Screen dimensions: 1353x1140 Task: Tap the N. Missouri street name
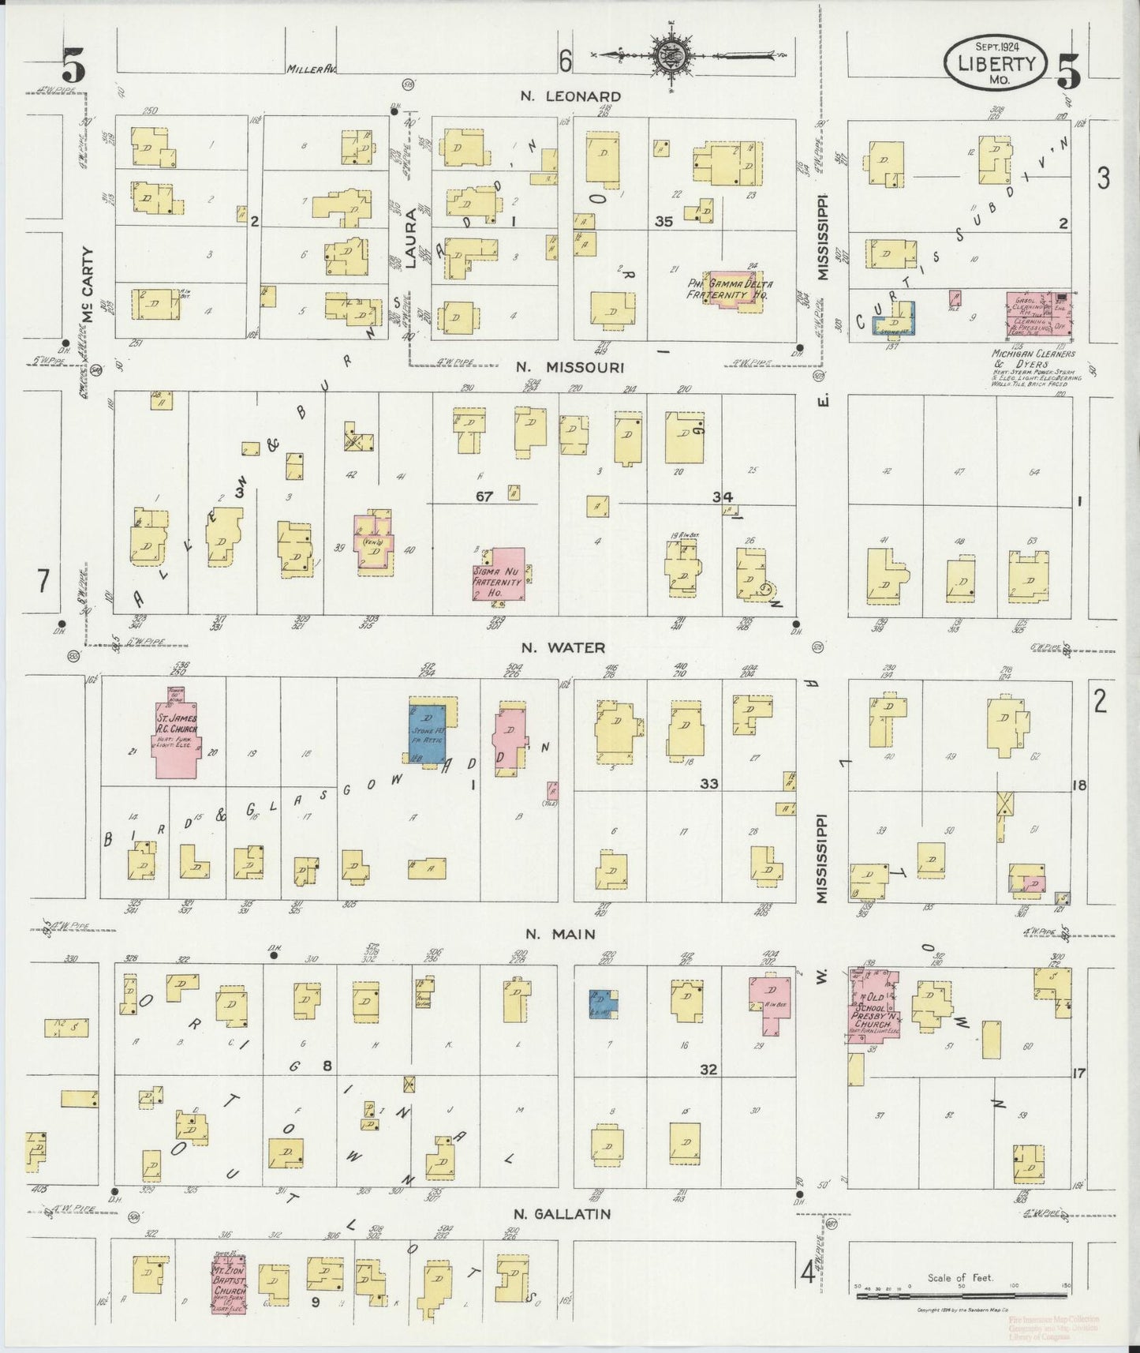tap(570, 367)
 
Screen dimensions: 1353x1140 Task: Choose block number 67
tap(484, 496)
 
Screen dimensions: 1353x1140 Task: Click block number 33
tap(708, 783)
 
